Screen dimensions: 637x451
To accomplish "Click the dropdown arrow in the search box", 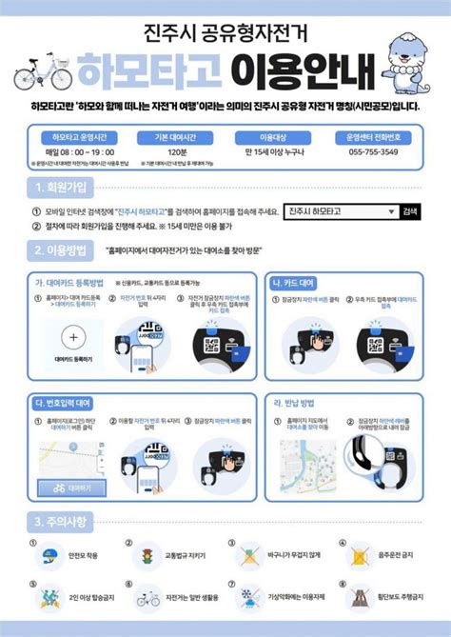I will (x=390, y=211).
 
